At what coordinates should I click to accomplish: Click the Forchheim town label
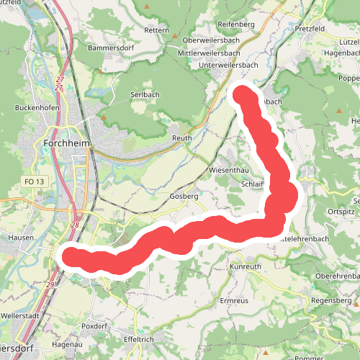coord(66,143)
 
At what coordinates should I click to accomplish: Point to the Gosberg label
coord(184,197)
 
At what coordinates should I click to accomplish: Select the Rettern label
coord(156,31)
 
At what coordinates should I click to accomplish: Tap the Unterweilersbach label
coord(223,65)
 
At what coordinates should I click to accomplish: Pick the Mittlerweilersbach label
coord(215,53)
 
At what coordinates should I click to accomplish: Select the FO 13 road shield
coord(33,182)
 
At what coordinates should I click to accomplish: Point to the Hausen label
coord(21,237)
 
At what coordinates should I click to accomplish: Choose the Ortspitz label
coord(341,212)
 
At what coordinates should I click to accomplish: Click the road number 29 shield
coord(50,286)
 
